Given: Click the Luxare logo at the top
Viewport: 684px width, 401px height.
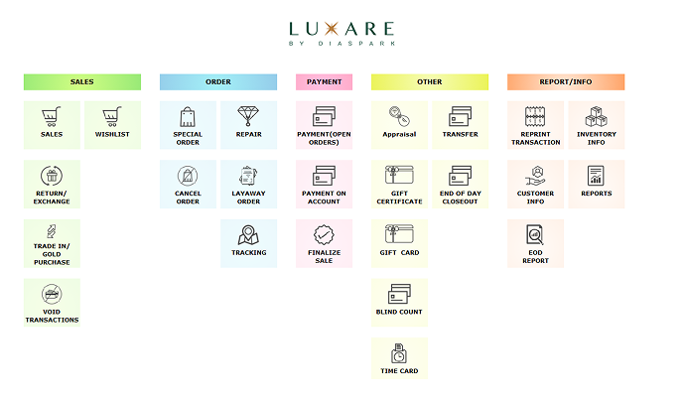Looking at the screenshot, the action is point(342,33).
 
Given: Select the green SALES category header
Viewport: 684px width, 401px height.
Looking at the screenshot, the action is point(82,81).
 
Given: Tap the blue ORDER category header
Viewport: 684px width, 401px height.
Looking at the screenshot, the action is point(218,81).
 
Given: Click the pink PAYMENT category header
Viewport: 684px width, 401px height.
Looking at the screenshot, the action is point(325,81).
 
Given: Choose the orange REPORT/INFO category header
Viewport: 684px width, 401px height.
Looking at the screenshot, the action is point(566,81).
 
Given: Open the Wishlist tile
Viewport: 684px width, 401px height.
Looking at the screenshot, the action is point(112,124).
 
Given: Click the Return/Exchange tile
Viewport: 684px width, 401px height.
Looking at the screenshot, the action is point(52,184).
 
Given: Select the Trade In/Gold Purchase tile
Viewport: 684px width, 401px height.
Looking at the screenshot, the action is point(52,243).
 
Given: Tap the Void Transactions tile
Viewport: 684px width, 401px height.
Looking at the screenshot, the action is point(52,303).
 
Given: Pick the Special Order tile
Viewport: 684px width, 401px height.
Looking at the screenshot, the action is point(188,124).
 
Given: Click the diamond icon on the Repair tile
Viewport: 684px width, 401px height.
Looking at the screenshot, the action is point(248,115).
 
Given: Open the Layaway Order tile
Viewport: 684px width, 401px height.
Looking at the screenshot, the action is point(248,184).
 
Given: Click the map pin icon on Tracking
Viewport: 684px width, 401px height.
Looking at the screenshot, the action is point(248,235).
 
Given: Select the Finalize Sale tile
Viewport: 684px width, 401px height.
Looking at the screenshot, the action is point(325,243).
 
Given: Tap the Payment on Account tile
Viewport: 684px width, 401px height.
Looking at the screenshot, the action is point(325,184).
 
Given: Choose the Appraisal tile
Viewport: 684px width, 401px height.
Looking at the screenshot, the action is point(399,124).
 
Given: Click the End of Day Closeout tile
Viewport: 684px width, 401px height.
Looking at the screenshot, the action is point(460,184).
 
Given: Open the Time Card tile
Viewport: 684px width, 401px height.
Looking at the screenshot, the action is point(399,357).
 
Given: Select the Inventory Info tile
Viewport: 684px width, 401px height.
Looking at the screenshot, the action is point(597,124).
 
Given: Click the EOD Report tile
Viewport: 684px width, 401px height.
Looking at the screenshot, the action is point(536,243).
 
